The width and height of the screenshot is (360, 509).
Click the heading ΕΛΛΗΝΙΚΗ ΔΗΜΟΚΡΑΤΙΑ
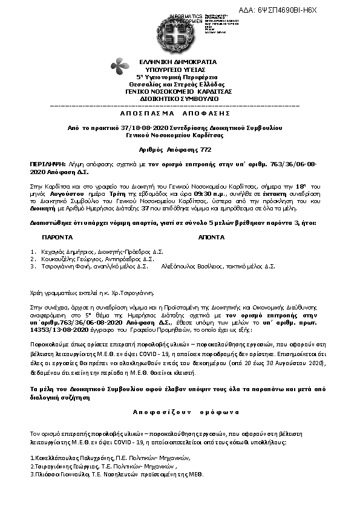click(172, 62)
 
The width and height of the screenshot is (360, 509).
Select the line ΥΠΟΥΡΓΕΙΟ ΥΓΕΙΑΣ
click(172, 70)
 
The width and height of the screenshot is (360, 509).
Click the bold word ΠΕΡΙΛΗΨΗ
click(47, 164)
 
